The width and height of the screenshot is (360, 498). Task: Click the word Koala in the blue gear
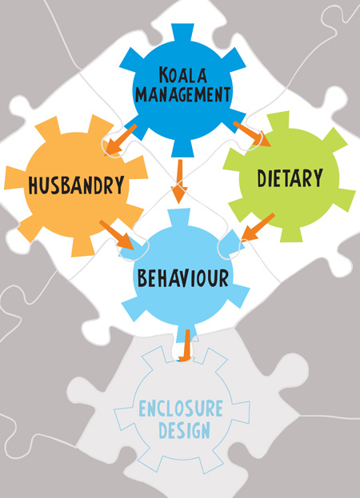182,75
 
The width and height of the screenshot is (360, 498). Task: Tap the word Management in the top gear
182,94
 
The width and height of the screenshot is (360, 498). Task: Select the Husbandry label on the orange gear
76,185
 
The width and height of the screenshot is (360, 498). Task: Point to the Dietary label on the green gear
290,178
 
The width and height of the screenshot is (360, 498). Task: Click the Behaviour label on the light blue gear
183,277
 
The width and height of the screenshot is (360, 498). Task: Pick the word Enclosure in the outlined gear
181,408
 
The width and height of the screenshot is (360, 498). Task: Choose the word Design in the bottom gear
184,430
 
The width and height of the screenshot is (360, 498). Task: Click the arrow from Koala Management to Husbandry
120,140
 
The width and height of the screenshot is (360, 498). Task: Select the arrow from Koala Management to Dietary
252,133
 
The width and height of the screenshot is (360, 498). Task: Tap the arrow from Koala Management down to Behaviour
180,181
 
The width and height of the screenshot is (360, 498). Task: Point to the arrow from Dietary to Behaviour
258,227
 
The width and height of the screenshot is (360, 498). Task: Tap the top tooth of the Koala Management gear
182,34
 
